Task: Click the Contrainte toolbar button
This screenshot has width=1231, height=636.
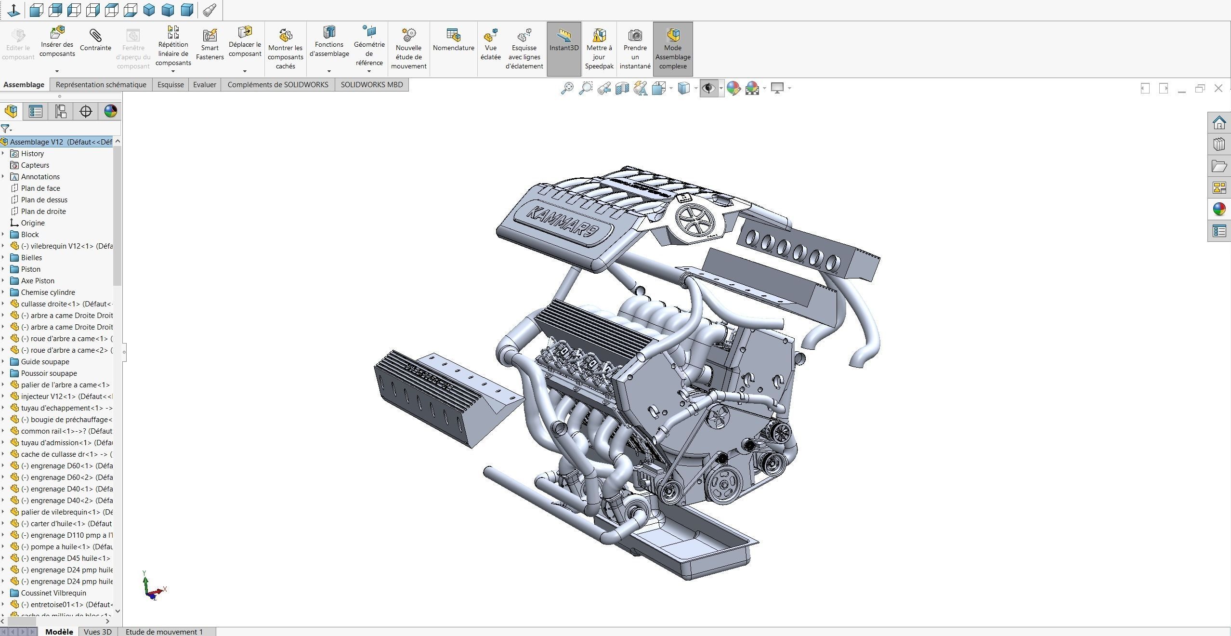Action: [x=95, y=40]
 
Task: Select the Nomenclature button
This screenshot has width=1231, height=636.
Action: [x=453, y=40]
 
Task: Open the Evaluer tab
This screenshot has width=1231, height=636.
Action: [x=205, y=85]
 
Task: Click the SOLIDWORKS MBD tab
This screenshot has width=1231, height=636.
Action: [x=371, y=85]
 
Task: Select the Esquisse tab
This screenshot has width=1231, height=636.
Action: [x=170, y=85]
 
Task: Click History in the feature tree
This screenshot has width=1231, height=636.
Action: [x=32, y=154]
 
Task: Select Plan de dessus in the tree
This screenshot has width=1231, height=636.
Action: [x=44, y=200]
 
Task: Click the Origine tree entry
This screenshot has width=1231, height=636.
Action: [x=33, y=223]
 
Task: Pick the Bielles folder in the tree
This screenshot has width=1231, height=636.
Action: [x=31, y=258]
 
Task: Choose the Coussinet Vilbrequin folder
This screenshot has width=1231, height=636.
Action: [x=53, y=593]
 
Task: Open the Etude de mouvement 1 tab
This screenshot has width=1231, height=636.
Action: [x=164, y=632]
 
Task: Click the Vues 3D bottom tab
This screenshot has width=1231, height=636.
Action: [x=97, y=632]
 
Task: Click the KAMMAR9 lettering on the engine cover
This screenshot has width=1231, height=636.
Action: [x=562, y=222]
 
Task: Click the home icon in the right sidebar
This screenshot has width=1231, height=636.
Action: [x=1219, y=123]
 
